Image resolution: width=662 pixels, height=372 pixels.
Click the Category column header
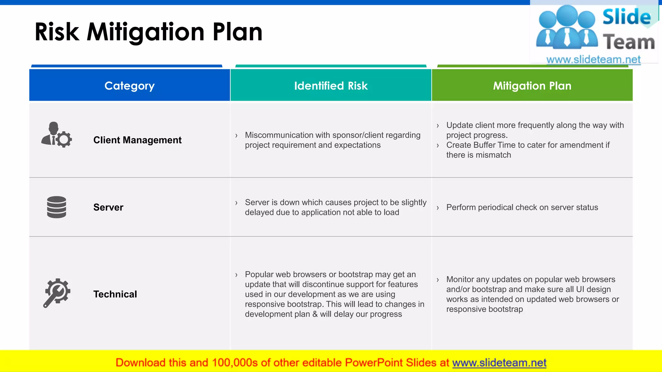point(129,86)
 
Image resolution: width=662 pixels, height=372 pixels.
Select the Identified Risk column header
point(331,86)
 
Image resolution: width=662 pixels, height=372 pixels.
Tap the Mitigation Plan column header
point(532,86)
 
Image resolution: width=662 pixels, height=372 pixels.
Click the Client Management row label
point(137,140)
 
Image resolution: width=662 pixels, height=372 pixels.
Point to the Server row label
point(108,207)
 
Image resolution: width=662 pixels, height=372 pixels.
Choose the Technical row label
point(115,294)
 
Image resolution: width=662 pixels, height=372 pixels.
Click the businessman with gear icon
point(57,135)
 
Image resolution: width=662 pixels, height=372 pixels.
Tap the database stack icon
point(57,207)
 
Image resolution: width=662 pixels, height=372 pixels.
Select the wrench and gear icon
point(57,293)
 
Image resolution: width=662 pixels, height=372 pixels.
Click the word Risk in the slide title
point(57,32)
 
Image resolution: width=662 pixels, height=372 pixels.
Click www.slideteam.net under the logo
point(593,59)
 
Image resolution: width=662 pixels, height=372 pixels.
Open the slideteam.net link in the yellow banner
point(499,363)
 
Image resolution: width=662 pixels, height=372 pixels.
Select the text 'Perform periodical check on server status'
point(522,207)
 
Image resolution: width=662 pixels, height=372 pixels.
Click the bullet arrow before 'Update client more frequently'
point(438,126)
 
